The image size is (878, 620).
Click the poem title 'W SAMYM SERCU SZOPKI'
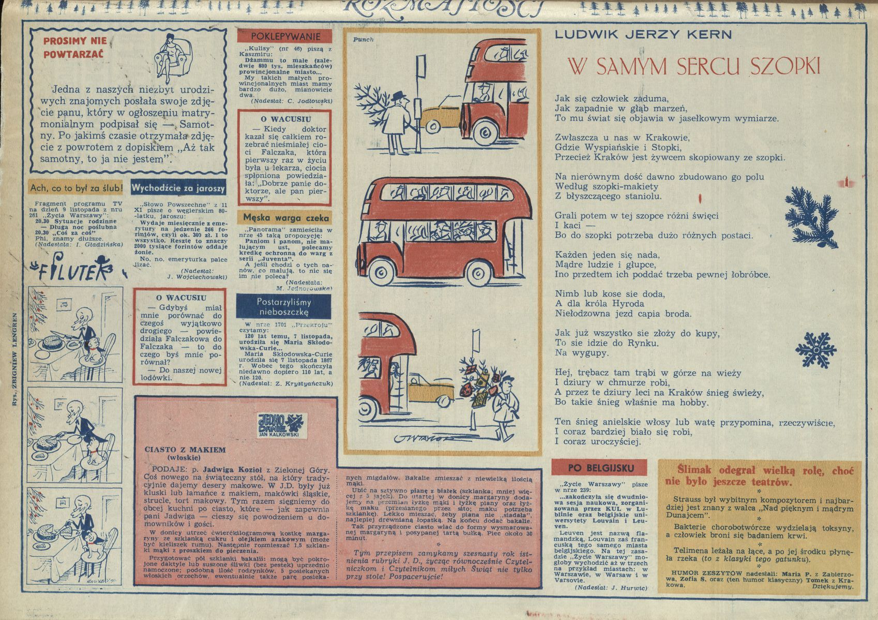[x=694, y=67]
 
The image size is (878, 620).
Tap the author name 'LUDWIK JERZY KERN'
[x=643, y=35]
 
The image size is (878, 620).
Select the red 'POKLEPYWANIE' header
[x=285, y=36]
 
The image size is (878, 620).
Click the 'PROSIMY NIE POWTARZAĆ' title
[x=75, y=47]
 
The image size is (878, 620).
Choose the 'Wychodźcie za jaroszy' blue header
[x=178, y=188]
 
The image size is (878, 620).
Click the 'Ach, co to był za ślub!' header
[x=77, y=188]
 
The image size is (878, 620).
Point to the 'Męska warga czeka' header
[x=284, y=218]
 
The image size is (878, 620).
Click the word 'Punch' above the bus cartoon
[x=363, y=40]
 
